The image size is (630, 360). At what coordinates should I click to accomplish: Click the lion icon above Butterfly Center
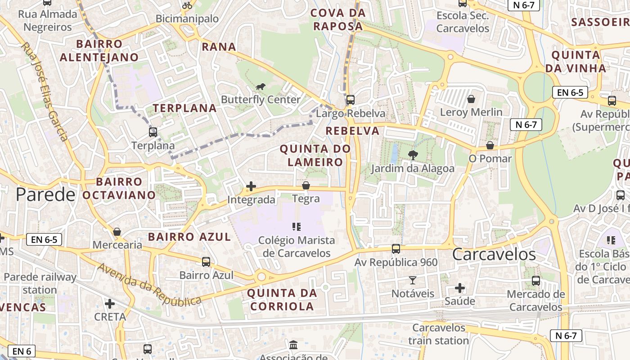261,86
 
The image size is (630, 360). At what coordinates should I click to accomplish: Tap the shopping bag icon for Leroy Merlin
471,99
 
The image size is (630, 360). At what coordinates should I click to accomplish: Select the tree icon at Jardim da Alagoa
412,155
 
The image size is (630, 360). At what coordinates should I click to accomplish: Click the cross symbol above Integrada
251,186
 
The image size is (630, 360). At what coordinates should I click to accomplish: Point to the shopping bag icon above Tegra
306,185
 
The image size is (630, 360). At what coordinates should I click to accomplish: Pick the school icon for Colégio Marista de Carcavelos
296,226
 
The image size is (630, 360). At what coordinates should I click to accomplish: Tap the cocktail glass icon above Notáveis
413,280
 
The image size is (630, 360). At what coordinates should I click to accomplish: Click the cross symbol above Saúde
460,288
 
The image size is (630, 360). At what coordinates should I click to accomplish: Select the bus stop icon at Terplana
153,132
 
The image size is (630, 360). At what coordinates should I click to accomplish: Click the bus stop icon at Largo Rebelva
351,100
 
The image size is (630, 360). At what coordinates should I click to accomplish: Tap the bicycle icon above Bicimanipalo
187,5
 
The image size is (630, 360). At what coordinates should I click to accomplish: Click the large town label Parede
45,194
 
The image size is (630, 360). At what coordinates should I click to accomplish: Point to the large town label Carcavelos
494,254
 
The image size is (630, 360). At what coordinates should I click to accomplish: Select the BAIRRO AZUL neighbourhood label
189,237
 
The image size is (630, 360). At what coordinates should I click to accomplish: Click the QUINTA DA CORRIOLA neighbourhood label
282,300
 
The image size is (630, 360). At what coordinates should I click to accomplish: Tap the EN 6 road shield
22,351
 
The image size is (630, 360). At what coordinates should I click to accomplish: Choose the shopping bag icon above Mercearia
117,232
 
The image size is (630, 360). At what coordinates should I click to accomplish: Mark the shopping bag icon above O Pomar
490,145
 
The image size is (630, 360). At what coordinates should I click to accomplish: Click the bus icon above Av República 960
396,248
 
